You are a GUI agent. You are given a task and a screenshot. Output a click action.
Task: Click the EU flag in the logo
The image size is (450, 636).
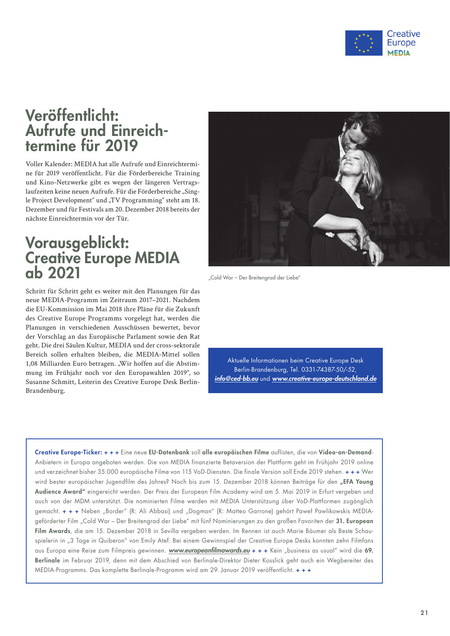(363, 43)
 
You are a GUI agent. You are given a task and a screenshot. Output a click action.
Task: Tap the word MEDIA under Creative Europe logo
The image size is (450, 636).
(399, 53)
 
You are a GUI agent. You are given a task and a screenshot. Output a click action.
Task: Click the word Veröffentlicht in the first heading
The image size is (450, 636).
(72, 116)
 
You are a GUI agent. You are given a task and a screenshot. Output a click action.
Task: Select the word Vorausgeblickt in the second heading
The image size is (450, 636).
(77, 243)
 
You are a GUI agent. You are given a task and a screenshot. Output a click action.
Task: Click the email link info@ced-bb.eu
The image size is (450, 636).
(236, 379)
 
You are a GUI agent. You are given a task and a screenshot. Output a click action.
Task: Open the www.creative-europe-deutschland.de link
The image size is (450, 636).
(324, 379)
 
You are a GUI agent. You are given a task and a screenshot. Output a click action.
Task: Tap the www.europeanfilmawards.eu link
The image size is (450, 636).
(209, 551)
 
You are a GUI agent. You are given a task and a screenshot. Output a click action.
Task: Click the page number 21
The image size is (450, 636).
(424, 613)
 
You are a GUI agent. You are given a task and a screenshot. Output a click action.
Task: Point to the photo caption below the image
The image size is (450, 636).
(254, 277)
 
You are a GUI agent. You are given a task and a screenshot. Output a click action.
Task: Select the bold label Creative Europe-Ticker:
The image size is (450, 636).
(68, 452)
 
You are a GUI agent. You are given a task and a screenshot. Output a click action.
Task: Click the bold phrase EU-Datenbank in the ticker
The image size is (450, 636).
(169, 452)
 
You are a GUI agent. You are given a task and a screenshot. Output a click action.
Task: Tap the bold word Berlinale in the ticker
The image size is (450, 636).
(47, 560)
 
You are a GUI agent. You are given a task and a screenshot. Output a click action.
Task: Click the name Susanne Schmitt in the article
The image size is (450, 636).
(49, 382)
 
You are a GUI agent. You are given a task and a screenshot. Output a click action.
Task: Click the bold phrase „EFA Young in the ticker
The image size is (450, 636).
(357, 482)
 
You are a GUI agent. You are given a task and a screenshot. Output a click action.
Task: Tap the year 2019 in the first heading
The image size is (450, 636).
(121, 146)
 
